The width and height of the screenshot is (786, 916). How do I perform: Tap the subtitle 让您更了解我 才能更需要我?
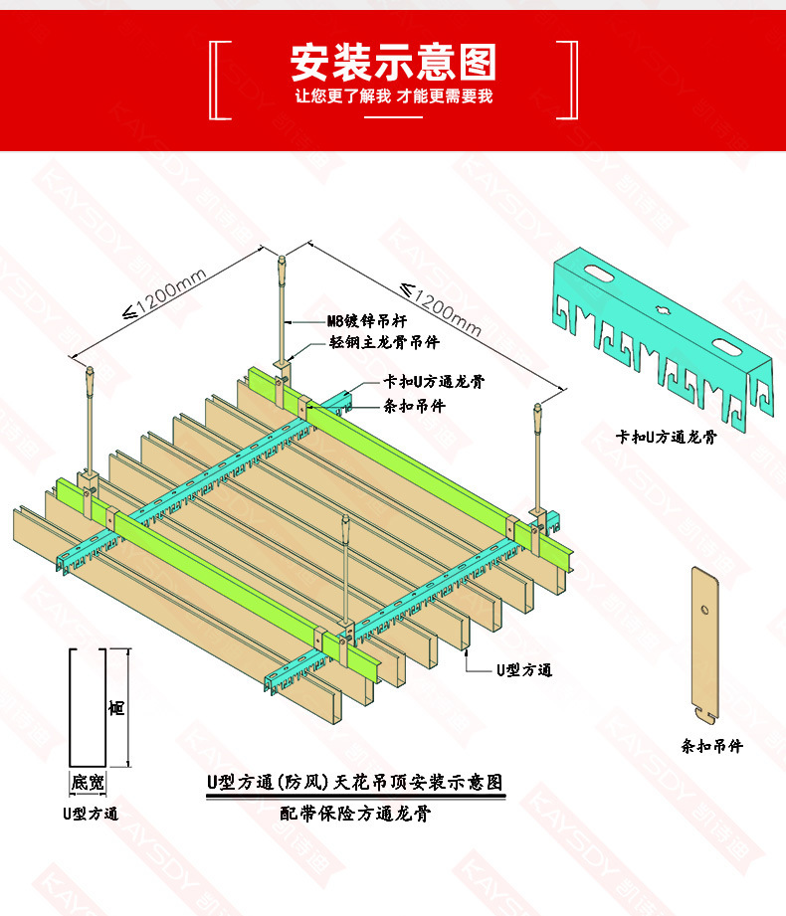click(x=393, y=96)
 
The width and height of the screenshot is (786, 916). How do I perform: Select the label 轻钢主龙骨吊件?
click(x=384, y=342)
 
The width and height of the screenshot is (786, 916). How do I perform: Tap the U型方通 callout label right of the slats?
click(x=524, y=669)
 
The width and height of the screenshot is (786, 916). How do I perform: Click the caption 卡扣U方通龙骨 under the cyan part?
click(x=666, y=436)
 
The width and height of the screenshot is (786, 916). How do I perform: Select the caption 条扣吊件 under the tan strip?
click(x=711, y=745)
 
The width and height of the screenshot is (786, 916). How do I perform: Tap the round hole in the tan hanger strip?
click(x=702, y=609)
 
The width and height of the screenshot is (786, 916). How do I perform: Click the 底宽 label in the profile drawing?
click(x=87, y=783)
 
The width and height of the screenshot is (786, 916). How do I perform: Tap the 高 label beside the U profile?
click(x=116, y=708)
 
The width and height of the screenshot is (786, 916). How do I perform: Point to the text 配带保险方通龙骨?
click(x=355, y=814)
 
